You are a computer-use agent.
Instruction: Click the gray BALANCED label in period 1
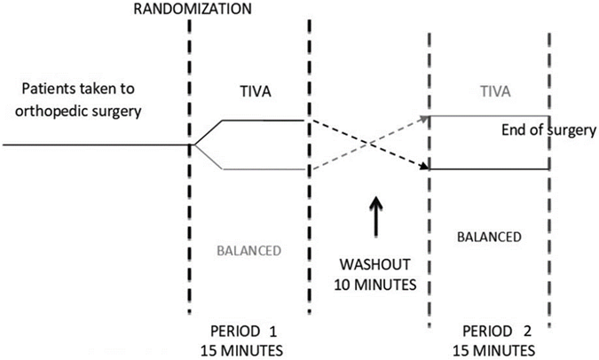click(248, 250)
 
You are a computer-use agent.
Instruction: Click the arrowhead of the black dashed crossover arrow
click(424, 165)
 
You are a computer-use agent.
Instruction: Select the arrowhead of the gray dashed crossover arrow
click(424, 116)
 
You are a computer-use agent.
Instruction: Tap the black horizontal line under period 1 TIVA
click(262, 120)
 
